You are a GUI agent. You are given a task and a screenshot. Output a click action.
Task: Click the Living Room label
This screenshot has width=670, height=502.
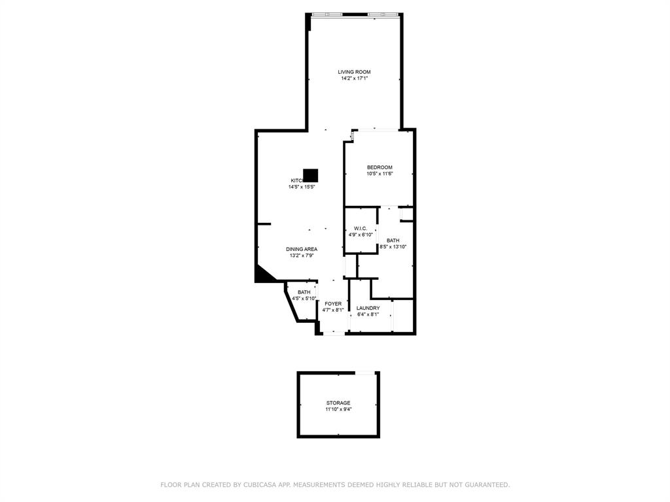pyautogui.click(x=354, y=72)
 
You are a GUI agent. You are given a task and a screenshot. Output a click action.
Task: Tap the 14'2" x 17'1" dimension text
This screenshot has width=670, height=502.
pyautogui.click(x=354, y=78)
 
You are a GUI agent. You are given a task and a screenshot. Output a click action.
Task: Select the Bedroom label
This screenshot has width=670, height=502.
pyautogui.click(x=379, y=167)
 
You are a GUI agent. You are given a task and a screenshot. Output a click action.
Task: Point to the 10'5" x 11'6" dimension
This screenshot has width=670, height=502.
pyautogui.click(x=379, y=174)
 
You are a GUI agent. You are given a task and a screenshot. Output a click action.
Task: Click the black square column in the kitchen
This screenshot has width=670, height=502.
pyautogui.click(x=311, y=175)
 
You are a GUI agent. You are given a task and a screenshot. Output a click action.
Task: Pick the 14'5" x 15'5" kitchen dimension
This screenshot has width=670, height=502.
pyautogui.click(x=302, y=187)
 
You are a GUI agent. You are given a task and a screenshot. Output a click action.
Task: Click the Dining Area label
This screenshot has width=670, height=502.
pyautogui.click(x=302, y=249)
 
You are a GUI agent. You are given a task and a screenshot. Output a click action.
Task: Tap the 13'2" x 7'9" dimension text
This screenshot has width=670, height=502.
pyautogui.click(x=302, y=256)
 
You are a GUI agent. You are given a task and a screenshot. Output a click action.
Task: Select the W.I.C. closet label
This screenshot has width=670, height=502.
pyautogui.click(x=361, y=228)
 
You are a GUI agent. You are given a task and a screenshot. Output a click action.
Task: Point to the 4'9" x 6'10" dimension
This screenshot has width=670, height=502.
pyautogui.click(x=361, y=235)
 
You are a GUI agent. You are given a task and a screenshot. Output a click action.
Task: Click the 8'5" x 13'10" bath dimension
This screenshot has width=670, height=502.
pyautogui.click(x=393, y=247)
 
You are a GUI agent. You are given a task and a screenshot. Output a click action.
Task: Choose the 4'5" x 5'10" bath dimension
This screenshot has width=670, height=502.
pyautogui.click(x=304, y=299)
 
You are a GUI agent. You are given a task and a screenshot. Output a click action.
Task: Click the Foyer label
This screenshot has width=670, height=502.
pyautogui.click(x=333, y=304)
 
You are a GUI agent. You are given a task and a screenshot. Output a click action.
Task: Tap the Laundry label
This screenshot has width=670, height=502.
pyautogui.click(x=368, y=308)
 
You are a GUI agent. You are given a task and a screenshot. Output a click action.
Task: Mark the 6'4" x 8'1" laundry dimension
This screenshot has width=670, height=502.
pyautogui.click(x=368, y=314)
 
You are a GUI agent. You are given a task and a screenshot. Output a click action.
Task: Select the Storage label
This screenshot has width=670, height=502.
pyautogui.click(x=338, y=403)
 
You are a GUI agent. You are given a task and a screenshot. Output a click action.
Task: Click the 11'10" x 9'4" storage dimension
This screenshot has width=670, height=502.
pyautogui.click(x=338, y=409)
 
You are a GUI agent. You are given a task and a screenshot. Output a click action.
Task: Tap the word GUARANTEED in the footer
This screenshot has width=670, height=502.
pyautogui.click(x=484, y=485)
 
